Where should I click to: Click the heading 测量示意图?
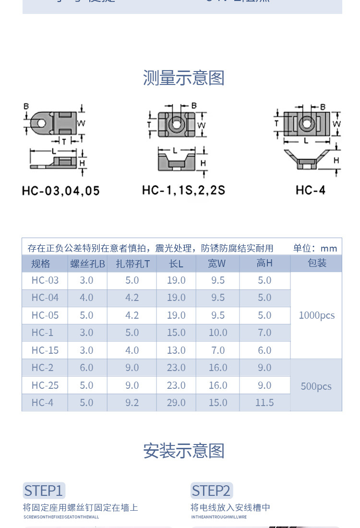[184, 78]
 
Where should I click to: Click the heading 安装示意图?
[184, 451]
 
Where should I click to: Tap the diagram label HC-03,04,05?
[61, 191]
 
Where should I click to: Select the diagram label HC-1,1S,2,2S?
[183, 190]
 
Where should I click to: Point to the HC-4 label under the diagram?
[311, 190]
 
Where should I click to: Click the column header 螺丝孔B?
[87, 264]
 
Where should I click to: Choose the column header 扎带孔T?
[132, 264]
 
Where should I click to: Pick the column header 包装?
[317, 263]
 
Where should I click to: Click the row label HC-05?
[45, 315]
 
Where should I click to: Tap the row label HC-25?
[45, 385]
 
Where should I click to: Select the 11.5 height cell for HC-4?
[264, 403]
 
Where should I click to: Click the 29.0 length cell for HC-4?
[176, 403]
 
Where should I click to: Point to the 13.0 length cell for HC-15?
[176, 350]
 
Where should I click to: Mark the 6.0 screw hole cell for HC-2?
[86, 368]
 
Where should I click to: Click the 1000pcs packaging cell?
[317, 315]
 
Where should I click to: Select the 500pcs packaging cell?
[316, 386]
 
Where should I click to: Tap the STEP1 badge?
[44, 491]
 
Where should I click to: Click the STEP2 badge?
[211, 491]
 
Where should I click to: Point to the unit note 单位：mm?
[315, 248]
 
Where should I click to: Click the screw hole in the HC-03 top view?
[42, 123]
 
